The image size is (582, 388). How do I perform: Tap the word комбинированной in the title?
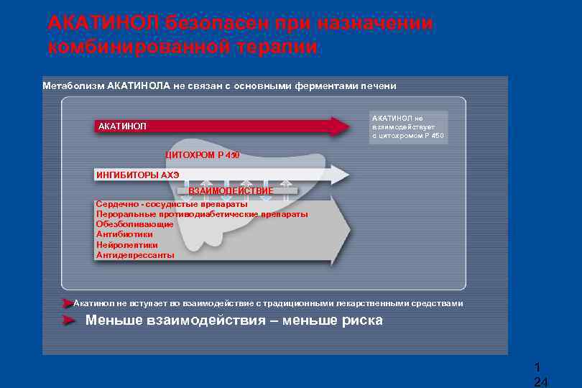coord(137,47)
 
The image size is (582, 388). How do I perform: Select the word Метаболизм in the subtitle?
coord(73,86)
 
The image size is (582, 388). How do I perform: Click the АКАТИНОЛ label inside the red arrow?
coord(122,126)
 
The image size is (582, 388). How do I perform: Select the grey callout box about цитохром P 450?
coord(408,127)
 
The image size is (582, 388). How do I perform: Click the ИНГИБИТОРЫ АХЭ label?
coord(138,175)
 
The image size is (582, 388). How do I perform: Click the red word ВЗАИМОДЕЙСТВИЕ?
coord(231,191)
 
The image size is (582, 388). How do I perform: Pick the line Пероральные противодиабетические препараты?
coord(202,214)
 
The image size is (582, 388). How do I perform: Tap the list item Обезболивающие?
coord(134,224)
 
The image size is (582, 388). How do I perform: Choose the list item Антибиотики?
coord(124,234)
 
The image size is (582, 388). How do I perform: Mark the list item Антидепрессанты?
coord(135,254)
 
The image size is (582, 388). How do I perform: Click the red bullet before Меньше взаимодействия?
coord(69,320)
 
